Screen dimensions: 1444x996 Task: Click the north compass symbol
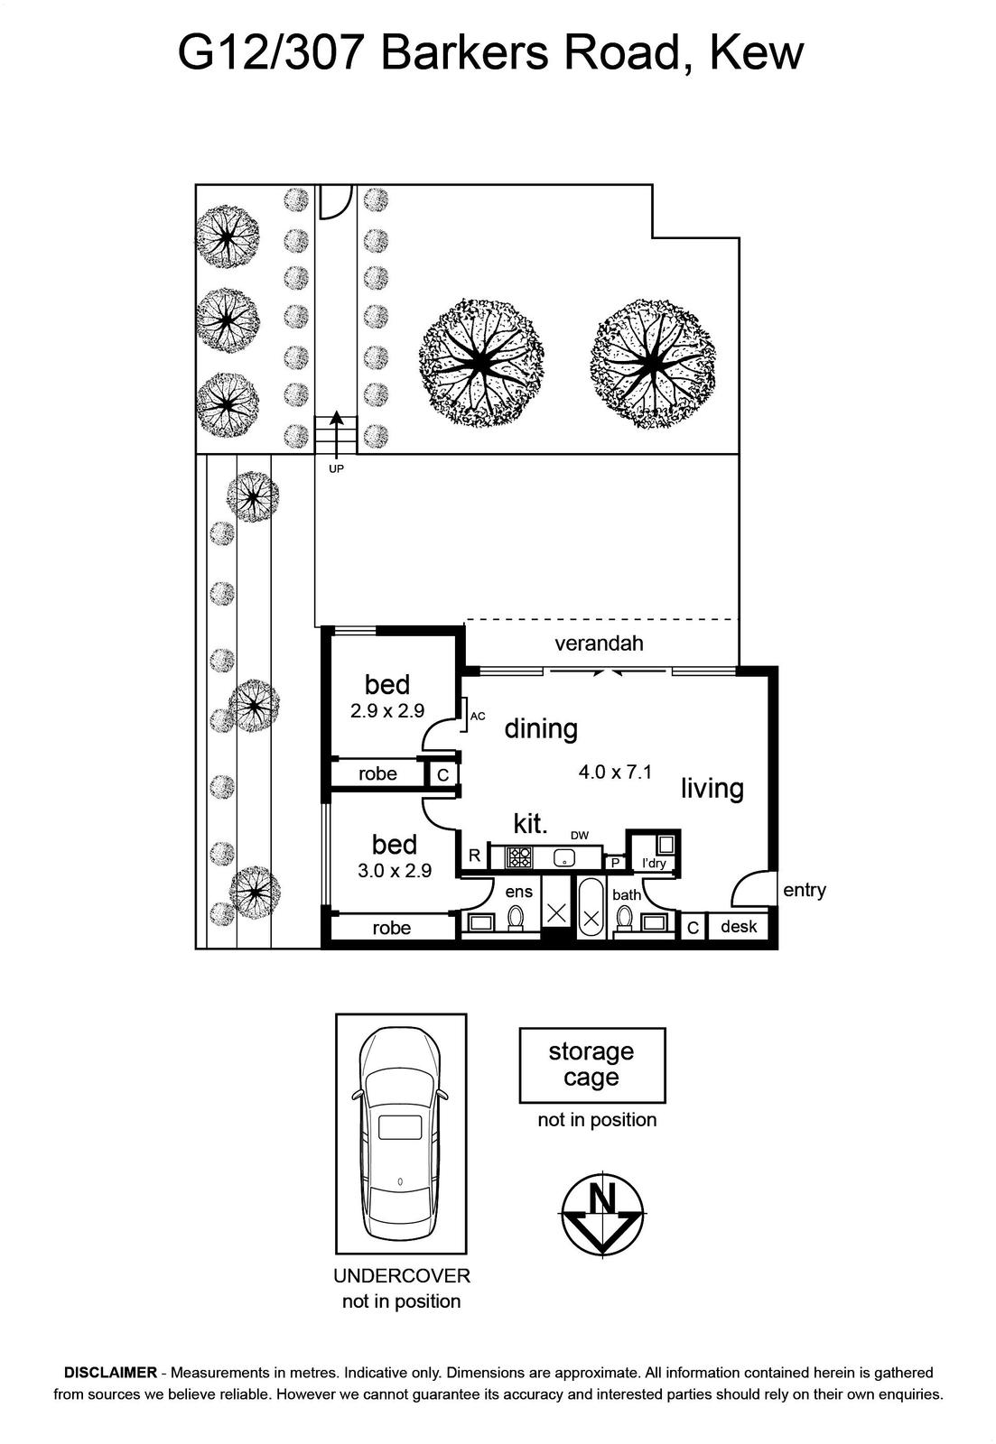pos(601,1215)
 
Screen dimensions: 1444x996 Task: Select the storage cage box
pos(591,1065)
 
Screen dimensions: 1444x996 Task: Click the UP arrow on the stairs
pos(336,433)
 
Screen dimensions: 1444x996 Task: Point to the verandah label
pos(599,643)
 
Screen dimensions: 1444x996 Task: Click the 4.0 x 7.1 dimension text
pos(615,772)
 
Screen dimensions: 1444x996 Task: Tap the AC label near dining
pos(478,717)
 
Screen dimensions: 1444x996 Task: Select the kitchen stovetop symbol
pos(519,856)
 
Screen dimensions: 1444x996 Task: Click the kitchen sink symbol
pos(565,856)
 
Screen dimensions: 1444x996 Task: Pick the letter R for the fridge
pos(474,856)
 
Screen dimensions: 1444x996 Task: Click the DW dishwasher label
pos(579,836)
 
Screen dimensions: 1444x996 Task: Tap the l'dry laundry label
pos(654,864)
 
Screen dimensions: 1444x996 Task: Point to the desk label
pos(739,926)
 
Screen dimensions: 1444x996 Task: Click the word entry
pos(804,890)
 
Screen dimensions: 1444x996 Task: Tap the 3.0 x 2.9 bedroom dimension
pos(395,871)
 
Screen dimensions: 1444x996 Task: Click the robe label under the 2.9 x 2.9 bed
pos(377,773)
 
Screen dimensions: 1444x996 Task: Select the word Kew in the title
pos(757,53)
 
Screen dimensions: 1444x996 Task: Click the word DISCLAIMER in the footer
pos(110,1373)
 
